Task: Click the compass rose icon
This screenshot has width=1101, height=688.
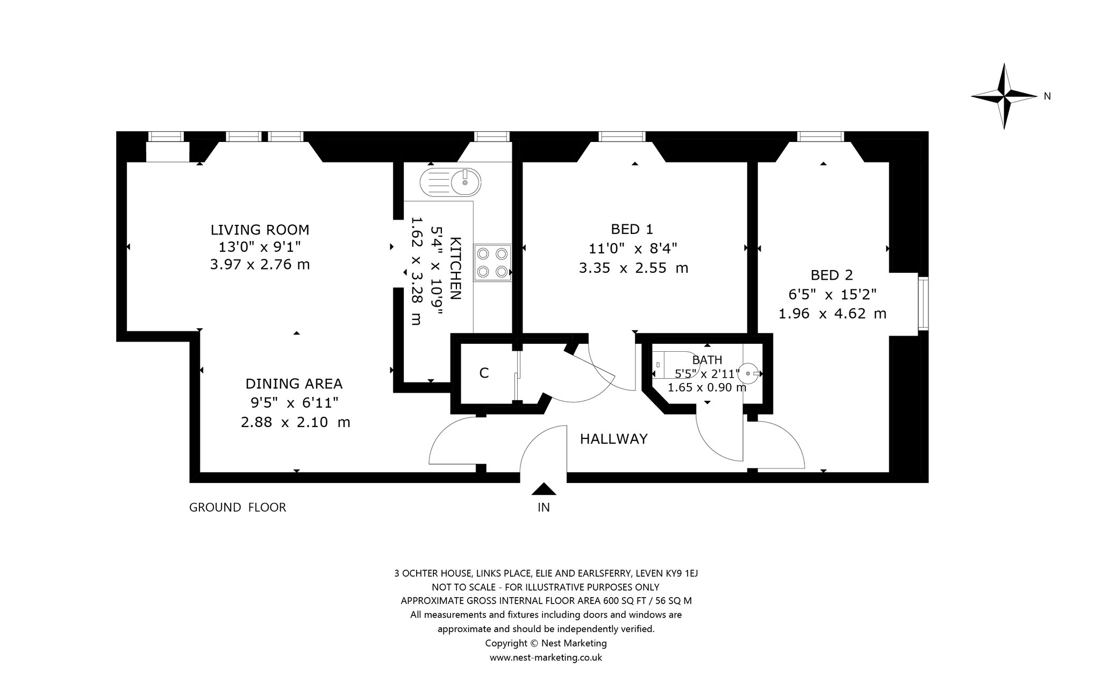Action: click(x=1004, y=96)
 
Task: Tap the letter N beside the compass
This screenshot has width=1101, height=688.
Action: click(x=1047, y=96)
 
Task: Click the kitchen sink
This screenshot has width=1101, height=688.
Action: click(x=450, y=181)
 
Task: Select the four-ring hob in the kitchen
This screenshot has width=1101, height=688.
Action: click(x=491, y=263)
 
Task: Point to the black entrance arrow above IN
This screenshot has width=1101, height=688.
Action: click(x=544, y=488)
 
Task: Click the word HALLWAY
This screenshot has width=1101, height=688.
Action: click(x=613, y=439)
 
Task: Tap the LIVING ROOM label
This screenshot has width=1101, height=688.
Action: click(x=260, y=230)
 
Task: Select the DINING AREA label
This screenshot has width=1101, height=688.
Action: click(x=294, y=384)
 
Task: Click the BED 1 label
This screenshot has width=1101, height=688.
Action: click(x=632, y=230)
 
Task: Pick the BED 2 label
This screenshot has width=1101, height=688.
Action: click(x=832, y=275)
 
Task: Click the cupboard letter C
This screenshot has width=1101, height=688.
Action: click(x=484, y=373)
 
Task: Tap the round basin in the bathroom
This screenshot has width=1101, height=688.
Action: click(x=749, y=372)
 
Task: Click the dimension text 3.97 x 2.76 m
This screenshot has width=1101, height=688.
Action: click(x=260, y=265)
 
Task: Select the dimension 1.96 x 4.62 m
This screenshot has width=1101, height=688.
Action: click(x=832, y=314)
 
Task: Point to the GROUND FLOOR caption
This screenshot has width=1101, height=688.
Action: click(x=238, y=507)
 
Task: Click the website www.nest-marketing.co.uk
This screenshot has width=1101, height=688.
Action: click(x=546, y=657)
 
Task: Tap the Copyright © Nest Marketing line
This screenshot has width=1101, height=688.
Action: click(x=546, y=643)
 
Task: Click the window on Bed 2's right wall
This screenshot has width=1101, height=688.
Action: click(x=923, y=304)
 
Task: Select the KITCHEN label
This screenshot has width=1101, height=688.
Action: click(x=455, y=269)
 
